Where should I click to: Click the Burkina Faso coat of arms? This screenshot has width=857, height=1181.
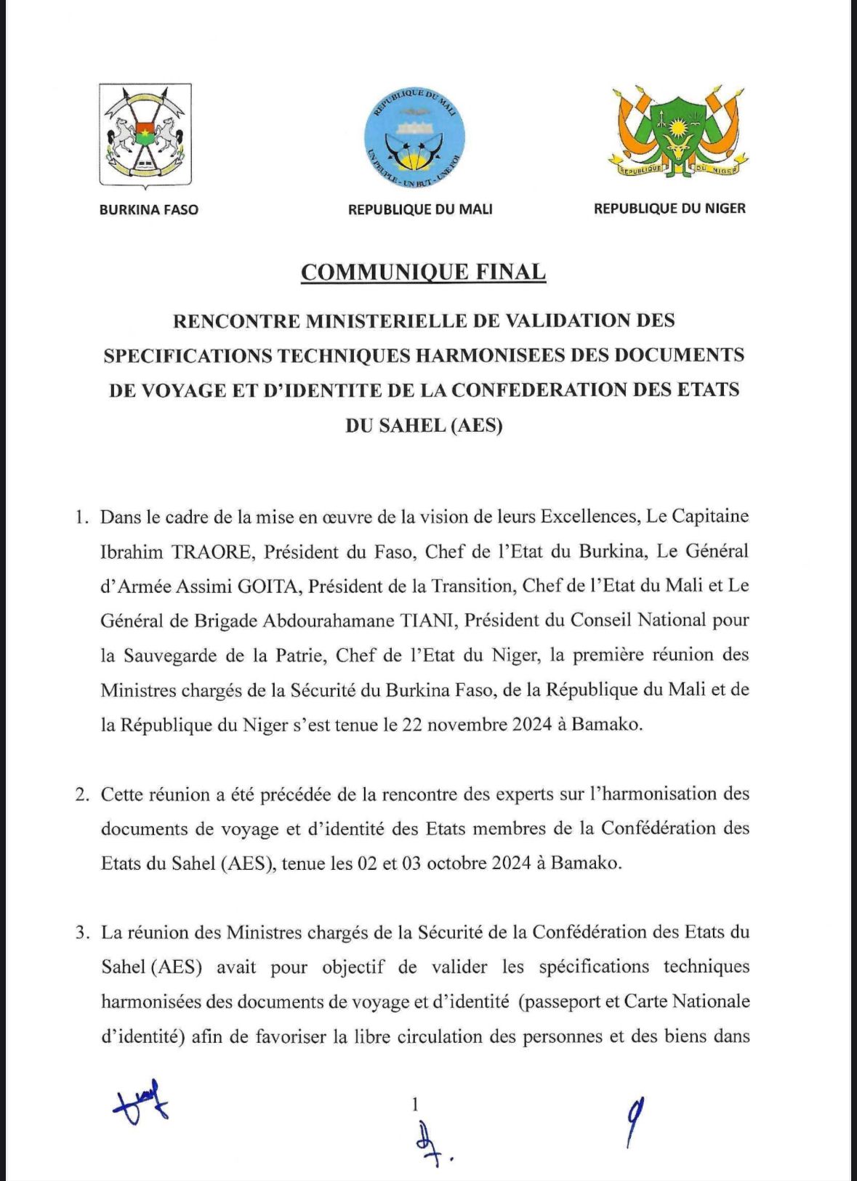tap(145, 135)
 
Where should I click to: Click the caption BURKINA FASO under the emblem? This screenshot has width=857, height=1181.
tap(148, 210)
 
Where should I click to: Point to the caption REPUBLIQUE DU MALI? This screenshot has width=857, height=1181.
tap(420, 209)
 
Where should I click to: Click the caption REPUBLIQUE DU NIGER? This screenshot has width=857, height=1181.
tap(669, 209)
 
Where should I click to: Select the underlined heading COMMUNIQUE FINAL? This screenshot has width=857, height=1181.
tap(423, 272)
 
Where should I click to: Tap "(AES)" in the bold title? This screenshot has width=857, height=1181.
tap(477, 425)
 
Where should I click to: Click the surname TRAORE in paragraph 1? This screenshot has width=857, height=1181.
tap(212, 552)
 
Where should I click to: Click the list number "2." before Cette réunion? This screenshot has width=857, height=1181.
tap(82, 794)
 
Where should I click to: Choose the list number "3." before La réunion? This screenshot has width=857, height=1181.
tap(82, 932)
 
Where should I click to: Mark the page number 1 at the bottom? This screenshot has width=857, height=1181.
tap(415, 1105)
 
